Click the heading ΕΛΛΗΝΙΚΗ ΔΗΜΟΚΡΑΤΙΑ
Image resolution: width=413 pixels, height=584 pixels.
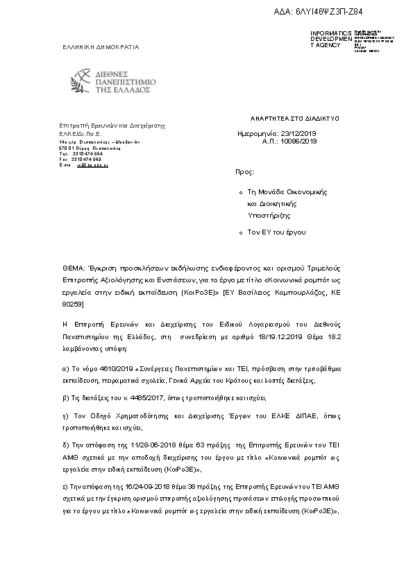point(101,47)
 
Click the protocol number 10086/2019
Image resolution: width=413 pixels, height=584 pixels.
point(300,141)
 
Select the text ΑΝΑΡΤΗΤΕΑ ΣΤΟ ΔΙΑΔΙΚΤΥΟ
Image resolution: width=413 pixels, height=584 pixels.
point(296,119)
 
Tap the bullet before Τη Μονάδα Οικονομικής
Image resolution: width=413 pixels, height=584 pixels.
point(239,191)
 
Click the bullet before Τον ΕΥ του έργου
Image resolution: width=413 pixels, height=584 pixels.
point(239,233)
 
